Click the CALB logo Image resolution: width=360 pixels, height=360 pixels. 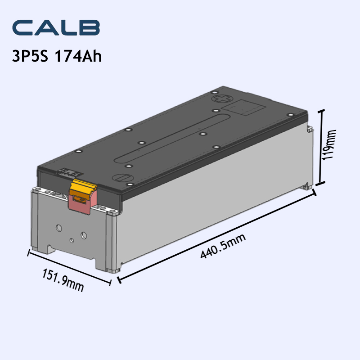tap(56, 28)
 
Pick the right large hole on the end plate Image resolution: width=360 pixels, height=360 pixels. tap(83, 235)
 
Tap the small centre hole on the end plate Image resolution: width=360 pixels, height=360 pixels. tap(71, 240)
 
